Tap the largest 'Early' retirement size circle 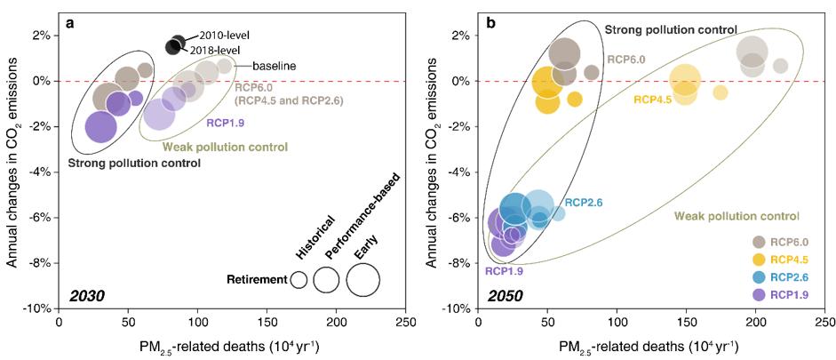[362, 280]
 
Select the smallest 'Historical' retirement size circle [299, 280]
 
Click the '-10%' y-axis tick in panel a [38, 308]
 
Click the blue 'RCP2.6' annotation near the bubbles [584, 203]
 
